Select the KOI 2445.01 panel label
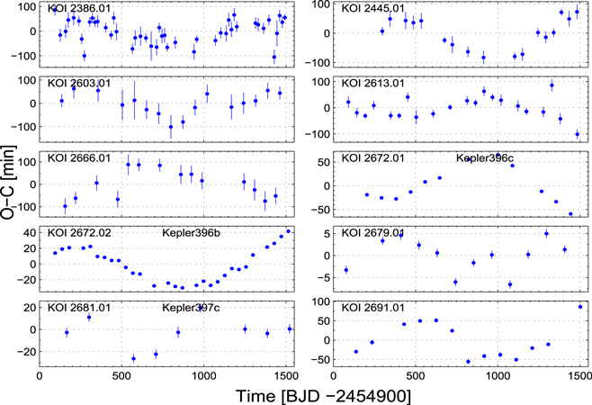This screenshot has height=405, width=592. [372, 8]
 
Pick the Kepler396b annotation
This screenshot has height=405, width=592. [192, 233]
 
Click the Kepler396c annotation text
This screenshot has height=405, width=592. [487, 158]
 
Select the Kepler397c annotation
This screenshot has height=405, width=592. [192, 308]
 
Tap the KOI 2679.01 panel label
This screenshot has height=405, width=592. [370, 233]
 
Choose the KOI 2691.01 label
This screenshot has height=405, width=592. [370, 308]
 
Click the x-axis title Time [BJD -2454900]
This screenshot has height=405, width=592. [313, 394]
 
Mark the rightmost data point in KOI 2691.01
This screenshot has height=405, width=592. [579, 307]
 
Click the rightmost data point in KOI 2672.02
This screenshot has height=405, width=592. [289, 231]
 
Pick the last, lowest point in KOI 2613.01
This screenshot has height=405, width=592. [577, 135]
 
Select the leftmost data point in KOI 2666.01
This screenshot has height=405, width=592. [64, 207]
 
